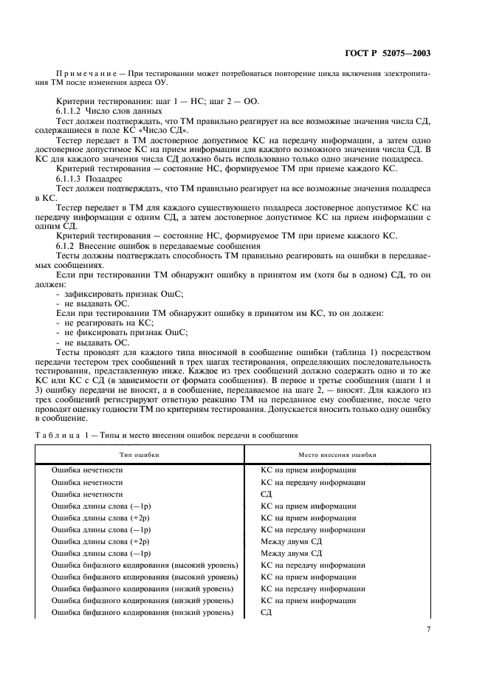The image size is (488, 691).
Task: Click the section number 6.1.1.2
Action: coord(72,110)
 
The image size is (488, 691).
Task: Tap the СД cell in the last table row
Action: coord(267,613)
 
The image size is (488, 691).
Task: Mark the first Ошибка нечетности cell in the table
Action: coord(87,470)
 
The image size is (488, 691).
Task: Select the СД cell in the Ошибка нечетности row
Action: coord(267,493)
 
